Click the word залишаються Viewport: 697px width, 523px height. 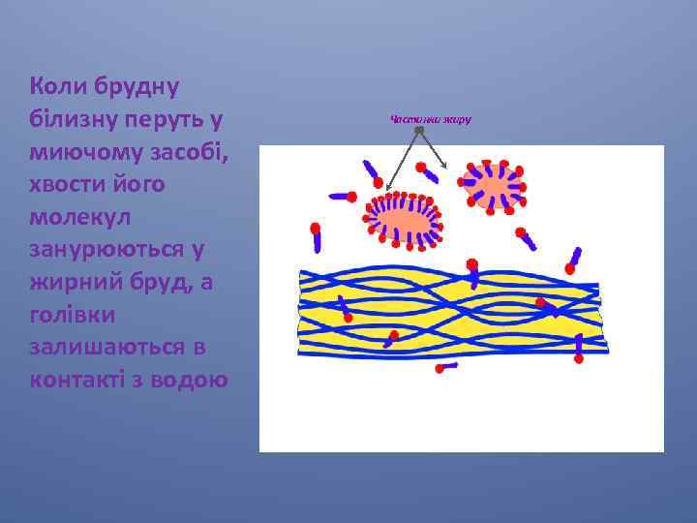[104, 346]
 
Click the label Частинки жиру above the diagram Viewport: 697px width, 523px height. [430, 119]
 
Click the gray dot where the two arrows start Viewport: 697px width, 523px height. [418, 130]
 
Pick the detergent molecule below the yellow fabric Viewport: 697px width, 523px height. [446, 368]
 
